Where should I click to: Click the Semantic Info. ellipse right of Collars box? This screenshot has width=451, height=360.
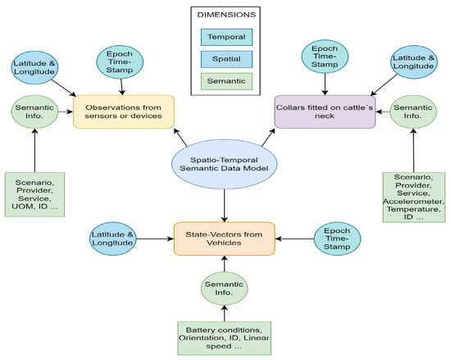414,112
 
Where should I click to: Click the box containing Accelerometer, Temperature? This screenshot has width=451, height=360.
414,199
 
